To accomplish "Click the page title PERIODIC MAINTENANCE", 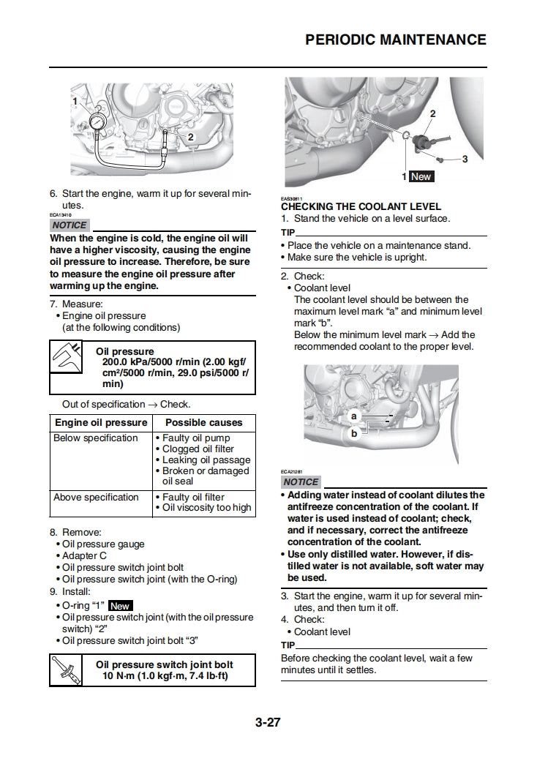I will [x=395, y=40].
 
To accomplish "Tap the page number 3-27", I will [x=268, y=723].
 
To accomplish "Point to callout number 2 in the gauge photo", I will [x=190, y=137].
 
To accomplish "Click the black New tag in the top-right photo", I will [x=421, y=176].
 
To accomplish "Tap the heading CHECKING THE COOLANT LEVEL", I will [x=361, y=207].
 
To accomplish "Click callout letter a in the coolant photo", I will [x=353, y=416].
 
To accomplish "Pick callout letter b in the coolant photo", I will [x=354, y=432].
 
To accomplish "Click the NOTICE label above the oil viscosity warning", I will [x=70, y=225].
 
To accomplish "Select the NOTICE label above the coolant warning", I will [x=301, y=481].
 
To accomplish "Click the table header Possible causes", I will [x=203, y=423].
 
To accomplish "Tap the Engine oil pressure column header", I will [x=101, y=423].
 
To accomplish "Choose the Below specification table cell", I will [x=96, y=438].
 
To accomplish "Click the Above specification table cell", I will [x=96, y=498].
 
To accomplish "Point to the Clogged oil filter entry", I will [x=198, y=449].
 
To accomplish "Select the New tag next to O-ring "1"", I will [x=119, y=606].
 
